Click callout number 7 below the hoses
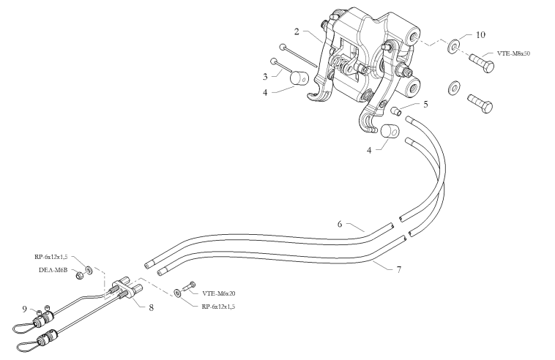(398, 270)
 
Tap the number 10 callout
(480, 34)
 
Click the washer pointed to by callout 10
(455, 47)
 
